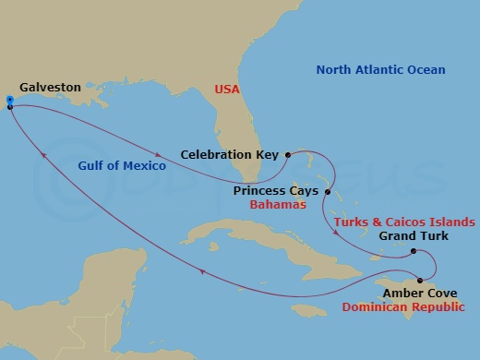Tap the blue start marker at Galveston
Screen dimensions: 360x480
coord(8,100)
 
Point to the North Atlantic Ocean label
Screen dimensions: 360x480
coord(380,70)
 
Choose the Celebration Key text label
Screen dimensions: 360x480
coord(231,155)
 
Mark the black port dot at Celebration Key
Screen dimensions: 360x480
coord(288,155)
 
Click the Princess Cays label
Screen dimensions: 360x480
coord(275,191)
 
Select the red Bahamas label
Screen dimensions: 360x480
coord(278,205)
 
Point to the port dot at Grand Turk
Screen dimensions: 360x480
coord(414,251)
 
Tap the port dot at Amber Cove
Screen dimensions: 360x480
coord(421,281)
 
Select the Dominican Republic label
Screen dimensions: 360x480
coord(403,306)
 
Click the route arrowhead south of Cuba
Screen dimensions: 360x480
coord(200,270)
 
